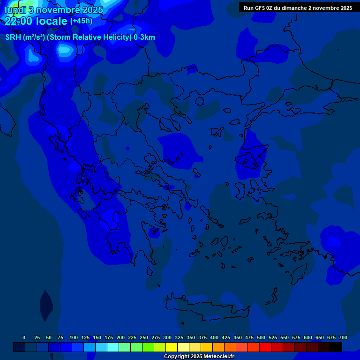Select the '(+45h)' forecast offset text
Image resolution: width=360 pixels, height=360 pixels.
[81, 21]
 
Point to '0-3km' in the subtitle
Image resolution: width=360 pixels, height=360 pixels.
[144, 37]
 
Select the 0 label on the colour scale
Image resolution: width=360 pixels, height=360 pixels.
[24, 337]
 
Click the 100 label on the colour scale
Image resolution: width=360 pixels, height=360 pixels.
[74, 337]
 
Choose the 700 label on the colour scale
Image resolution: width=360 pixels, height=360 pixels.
[343, 337]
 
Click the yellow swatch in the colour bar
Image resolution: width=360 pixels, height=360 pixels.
[172, 347]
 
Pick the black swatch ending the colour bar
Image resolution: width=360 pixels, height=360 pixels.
[336, 347]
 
